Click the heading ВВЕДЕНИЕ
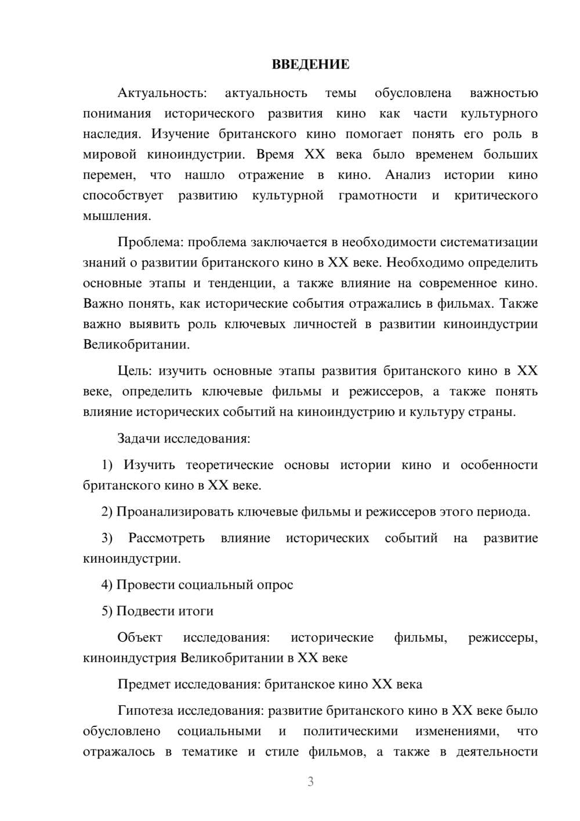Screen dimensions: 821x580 [310, 64]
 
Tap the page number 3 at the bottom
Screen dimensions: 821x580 [310, 782]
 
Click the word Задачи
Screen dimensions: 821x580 [139, 438]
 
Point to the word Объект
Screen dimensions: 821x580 [140, 638]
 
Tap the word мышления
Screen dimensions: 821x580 [117, 216]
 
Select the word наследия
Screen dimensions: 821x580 [111, 134]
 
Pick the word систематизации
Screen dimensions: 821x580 [489, 242]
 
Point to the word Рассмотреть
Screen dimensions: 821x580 [166, 538]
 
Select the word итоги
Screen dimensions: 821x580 [195, 611]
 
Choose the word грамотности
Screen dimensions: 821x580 [377, 196]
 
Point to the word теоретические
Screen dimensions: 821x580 [229, 465]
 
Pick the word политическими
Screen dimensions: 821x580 [350, 732]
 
